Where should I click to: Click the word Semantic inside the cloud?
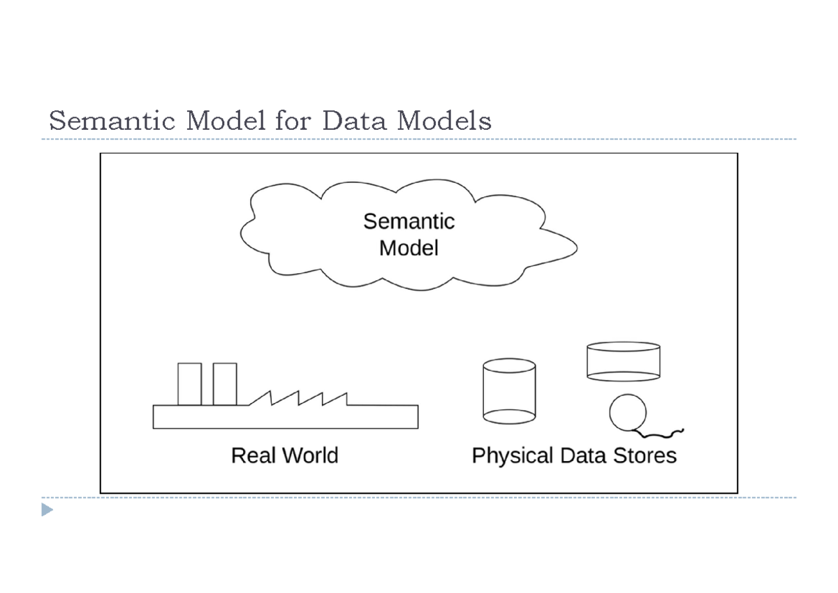(x=409, y=221)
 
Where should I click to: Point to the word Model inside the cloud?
(x=409, y=247)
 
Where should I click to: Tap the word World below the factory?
(x=309, y=455)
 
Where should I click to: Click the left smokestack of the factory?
(x=189, y=383)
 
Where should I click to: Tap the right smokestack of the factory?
(x=225, y=383)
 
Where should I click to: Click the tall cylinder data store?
(x=509, y=391)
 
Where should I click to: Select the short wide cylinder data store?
(x=623, y=361)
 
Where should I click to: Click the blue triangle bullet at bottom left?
(x=47, y=510)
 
